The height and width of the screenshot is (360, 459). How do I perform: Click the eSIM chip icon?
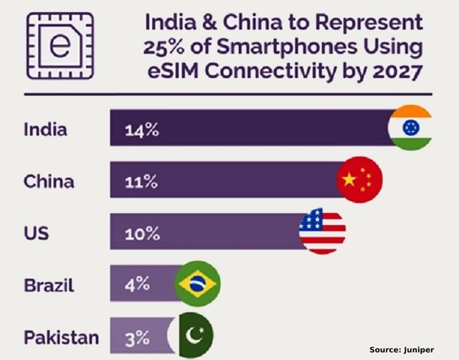coord(60,45)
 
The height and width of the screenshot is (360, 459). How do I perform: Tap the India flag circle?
coord(410,128)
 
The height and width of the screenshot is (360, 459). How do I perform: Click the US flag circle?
coord(322,231)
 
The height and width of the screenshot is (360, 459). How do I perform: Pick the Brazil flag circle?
coord(198,283)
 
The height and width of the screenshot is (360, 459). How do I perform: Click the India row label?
coord(46,131)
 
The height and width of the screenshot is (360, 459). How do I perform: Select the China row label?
coord(49,181)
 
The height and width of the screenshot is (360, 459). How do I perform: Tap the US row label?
coord(36,232)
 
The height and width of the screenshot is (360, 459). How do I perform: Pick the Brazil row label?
coord(49,284)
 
